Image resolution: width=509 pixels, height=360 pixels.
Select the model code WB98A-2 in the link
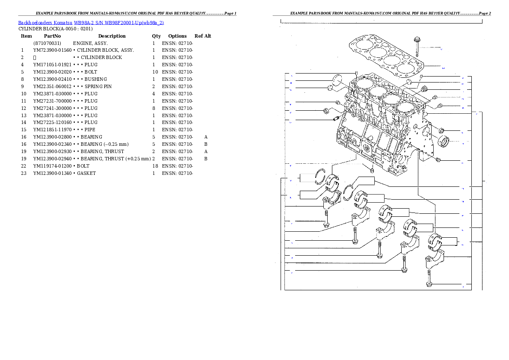click(84, 23)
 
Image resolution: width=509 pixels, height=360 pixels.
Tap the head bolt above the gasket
click(416, 46)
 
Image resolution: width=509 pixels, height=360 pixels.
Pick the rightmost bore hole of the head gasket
click(405, 68)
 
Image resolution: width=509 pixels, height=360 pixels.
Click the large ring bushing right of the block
click(444, 141)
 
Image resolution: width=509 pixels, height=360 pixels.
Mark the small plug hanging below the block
click(372, 171)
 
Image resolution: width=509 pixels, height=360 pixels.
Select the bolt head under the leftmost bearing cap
click(326, 224)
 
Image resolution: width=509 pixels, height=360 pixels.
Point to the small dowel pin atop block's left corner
click(355, 74)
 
